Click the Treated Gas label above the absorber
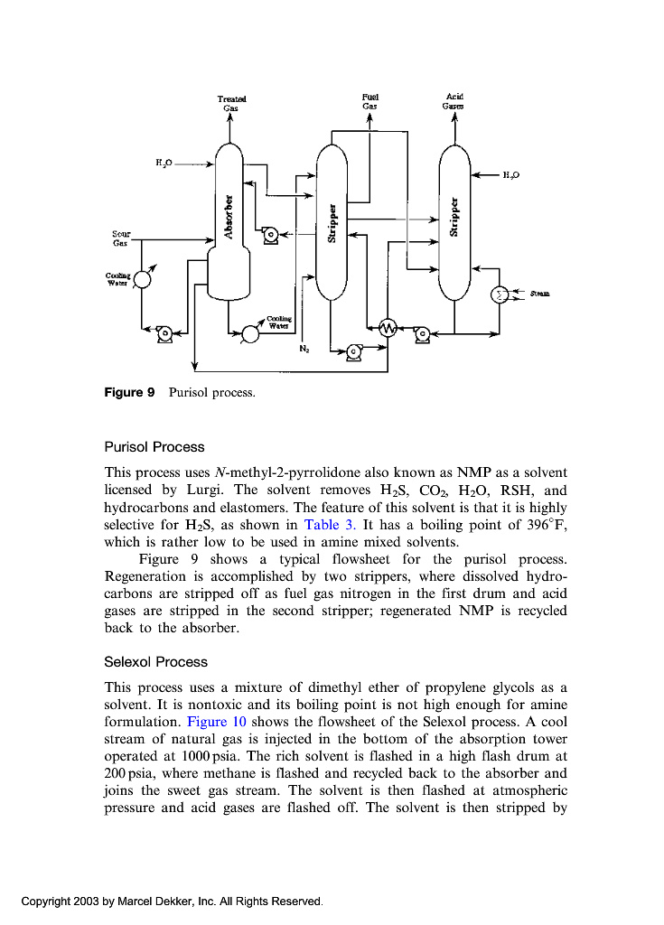(230, 103)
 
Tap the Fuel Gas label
(369, 101)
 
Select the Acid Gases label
(454, 101)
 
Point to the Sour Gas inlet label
(120, 238)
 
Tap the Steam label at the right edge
(539, 294)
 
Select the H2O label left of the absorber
(164, 163)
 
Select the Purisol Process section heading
(154, 447)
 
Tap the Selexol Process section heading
(156, 662)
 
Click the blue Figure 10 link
(217, 722)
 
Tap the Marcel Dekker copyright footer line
(172, 902)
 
